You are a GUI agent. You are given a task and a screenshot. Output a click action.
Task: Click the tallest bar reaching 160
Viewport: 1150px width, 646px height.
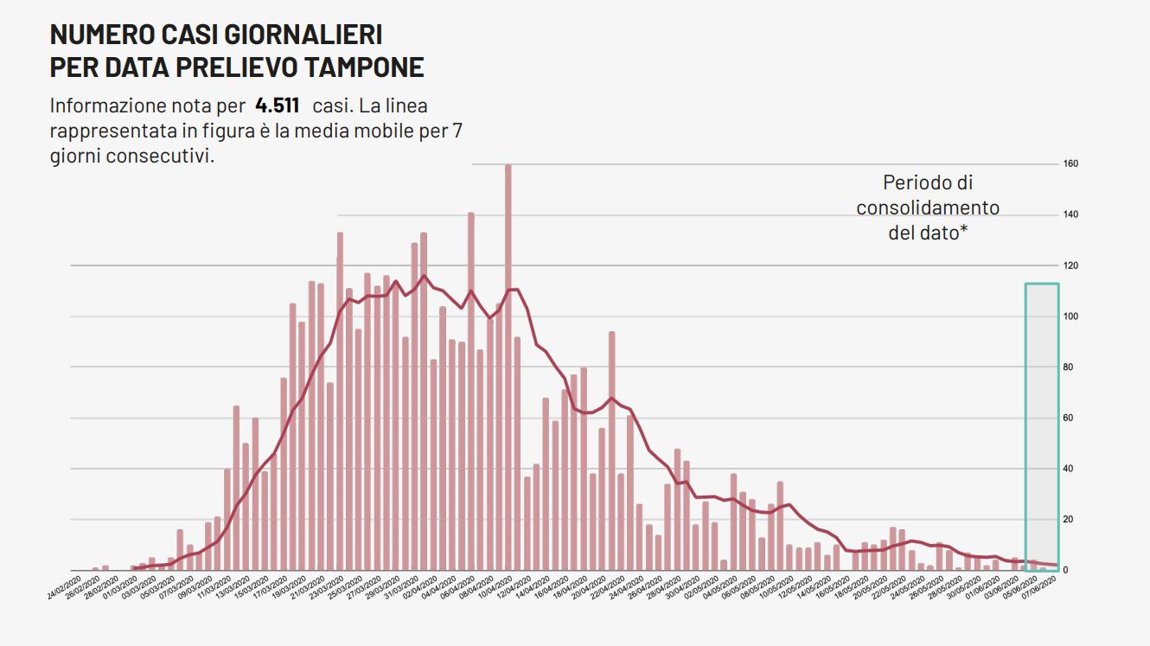508,363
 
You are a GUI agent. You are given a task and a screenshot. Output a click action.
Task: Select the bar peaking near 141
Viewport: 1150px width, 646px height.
470,389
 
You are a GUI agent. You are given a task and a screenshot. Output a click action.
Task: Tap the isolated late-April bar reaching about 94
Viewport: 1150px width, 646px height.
611,450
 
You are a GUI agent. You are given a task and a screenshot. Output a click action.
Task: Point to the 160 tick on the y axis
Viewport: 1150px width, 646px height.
1070,163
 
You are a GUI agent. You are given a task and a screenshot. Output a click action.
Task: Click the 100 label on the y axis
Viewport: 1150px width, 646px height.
1070,317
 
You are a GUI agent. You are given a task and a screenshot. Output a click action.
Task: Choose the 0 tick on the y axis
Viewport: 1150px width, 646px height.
1066,571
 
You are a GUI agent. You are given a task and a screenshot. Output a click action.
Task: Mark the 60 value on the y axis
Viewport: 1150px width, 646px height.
1068,419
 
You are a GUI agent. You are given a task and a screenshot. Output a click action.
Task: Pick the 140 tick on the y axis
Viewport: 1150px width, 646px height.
1070,214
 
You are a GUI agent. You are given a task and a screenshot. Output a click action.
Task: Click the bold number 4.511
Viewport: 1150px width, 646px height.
277,106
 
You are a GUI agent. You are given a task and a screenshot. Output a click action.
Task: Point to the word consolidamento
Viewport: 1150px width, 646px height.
928,208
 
